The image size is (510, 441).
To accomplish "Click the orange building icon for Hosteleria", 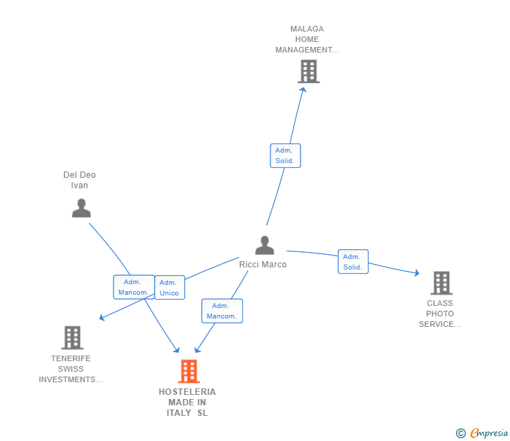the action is [189, 371].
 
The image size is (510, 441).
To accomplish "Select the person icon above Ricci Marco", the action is [265, 245].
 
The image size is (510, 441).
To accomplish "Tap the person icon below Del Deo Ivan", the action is [81, 208].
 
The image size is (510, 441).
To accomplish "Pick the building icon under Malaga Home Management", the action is [309, 71].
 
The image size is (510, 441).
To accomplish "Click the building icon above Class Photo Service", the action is [441, 283].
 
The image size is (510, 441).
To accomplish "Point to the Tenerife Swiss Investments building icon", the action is [72, 337].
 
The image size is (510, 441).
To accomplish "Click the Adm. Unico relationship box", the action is [170, 288].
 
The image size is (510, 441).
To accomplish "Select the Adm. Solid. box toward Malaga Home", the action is [285, 155].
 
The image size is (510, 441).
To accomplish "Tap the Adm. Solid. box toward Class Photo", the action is [353, 262].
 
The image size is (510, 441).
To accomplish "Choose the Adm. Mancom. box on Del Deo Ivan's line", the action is [134, 287].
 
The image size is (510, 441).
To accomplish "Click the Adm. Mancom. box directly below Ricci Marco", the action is [222, 311].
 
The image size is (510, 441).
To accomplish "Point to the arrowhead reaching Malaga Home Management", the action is [303, 90].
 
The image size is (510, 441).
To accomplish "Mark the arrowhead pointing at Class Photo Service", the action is [417, 273].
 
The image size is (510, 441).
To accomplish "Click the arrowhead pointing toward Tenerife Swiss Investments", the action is [102, 317].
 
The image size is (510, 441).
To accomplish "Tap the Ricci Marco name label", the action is [263, 265].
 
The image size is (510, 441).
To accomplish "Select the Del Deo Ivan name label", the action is [79, 180].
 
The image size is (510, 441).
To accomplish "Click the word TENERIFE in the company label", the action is [71, 358].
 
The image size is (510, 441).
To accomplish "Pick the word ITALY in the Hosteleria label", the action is [179, 413].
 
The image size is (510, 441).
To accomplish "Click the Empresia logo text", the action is [489, 433].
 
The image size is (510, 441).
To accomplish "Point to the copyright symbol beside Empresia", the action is [461, 433].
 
